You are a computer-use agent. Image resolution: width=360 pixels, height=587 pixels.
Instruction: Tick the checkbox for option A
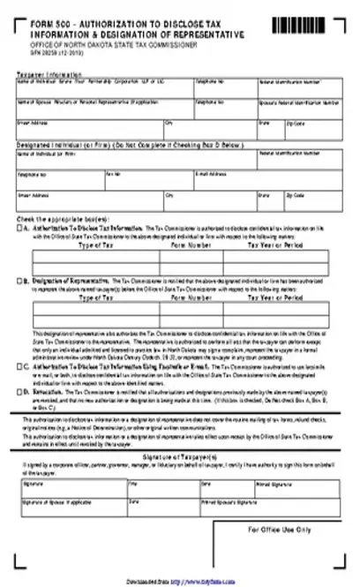click(19, 227)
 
